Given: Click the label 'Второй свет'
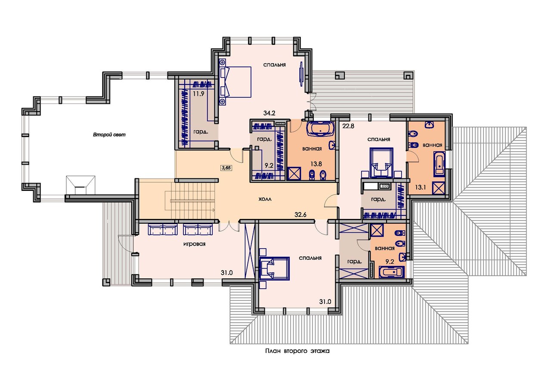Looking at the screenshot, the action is coord(109,135).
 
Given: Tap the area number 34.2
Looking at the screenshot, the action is coord(269,113).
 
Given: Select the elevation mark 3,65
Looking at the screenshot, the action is coord(226,168).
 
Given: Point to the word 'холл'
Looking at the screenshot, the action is coord(265,199).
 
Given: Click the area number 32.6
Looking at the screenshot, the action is coord(300,215).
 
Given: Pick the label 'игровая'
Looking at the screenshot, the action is coord(194,244).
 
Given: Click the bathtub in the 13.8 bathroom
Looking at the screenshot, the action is coord(321,128).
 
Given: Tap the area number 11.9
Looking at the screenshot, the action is coord(198,94).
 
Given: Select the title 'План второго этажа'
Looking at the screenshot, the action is coord(297,351).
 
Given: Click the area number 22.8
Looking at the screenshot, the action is coord(348,127).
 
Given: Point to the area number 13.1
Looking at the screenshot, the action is coord(421,187).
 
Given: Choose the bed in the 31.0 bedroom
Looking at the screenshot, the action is coord(275,268).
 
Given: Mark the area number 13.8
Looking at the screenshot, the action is coord(316,164).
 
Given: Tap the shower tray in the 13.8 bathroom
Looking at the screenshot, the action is coord(294,174).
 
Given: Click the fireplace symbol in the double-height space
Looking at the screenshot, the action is coord(80,185).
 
